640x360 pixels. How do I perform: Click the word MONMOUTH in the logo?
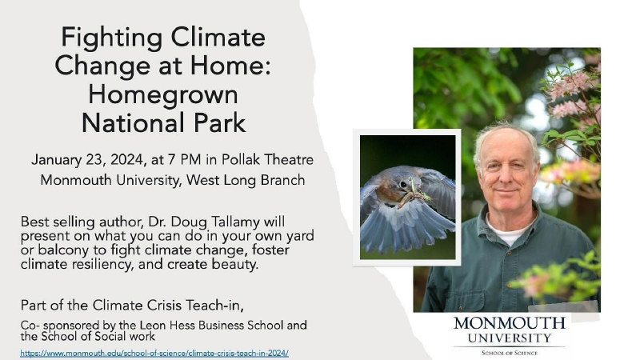coord(509,323)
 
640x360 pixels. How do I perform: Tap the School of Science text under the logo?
coord(509,352)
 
